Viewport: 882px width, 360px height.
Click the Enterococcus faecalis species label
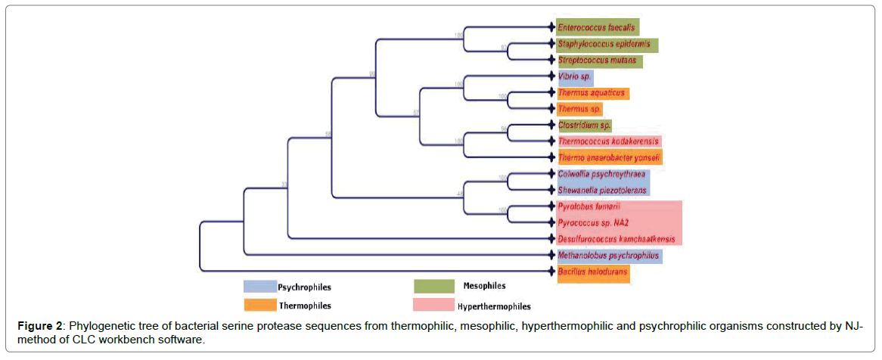pos(596,28)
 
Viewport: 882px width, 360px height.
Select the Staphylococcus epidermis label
pos(604,45)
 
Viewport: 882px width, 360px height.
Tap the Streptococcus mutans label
pos(597,61)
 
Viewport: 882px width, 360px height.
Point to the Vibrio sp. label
pos(575,77)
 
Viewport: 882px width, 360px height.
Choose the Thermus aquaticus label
pos(591,93)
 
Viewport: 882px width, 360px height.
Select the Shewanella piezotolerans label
pos(601,191)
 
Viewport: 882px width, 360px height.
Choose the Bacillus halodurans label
pos(592,271)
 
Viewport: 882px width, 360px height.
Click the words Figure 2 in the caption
pos(40,326)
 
